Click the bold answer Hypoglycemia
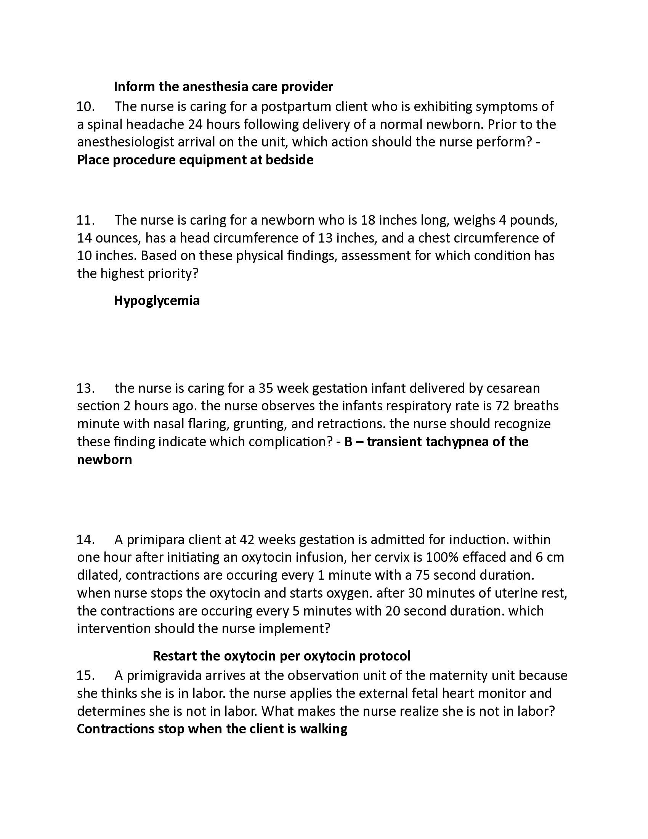pos(157,301)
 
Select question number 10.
pos(86,106)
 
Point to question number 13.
pos(86,388)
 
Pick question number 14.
pos(86,540)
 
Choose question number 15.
pos(86,675)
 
